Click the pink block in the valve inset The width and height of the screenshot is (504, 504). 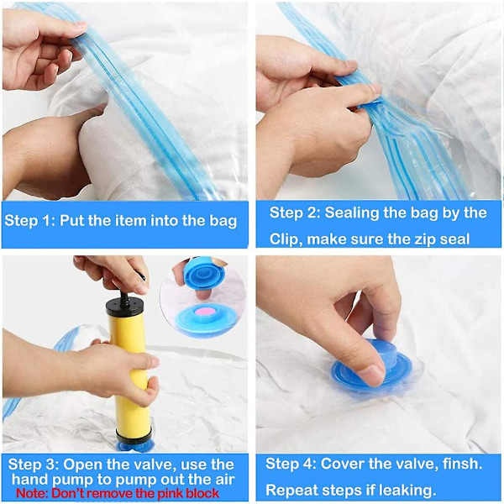tap(207, 312)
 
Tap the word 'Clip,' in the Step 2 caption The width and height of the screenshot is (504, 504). tap(286, 239)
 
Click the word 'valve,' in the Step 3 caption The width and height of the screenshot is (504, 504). tap(154, 465)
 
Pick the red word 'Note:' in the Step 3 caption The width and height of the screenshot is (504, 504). tap(32, 493)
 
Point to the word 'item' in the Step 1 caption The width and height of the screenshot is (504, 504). tap(132, 221)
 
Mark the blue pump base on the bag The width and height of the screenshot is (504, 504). tap(134, 445)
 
